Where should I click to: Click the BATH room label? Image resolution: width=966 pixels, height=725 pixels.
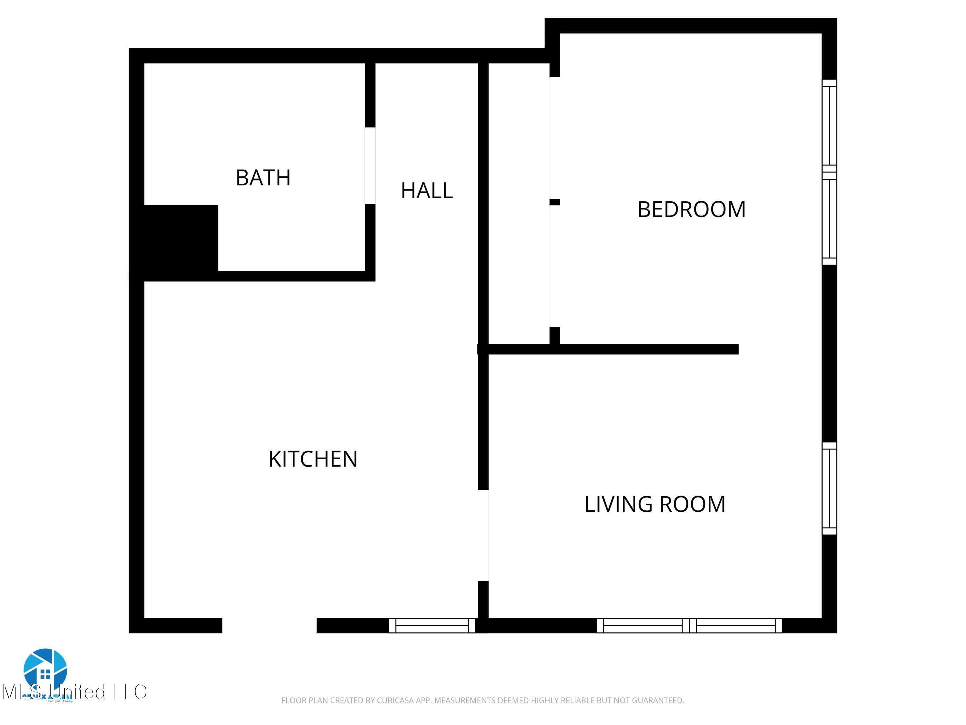click(x=263, y=178)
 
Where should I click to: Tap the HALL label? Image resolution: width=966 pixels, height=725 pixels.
click(x=427, y=191)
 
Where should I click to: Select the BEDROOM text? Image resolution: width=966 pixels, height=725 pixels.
click(x=691, y=209)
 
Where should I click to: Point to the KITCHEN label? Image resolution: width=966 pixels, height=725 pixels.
click(x=313, y=459)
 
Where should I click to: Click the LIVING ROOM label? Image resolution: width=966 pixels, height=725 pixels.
click(x=655, y=504)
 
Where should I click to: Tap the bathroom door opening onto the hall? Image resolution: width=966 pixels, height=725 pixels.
click(x=370, y=166)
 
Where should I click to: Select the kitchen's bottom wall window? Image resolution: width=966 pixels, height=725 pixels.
click(x=432, y=625)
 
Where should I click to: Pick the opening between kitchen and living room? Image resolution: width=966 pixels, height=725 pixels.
click(x=483, y=535)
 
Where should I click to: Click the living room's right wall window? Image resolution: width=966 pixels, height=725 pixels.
click(x=829, y=488)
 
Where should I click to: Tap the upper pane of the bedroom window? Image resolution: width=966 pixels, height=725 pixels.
click(x=829, y=125)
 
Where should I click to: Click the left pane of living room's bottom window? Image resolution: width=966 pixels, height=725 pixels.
click(x=642, y=625)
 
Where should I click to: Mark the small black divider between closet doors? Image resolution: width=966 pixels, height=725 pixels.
click(x=554, y=202)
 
